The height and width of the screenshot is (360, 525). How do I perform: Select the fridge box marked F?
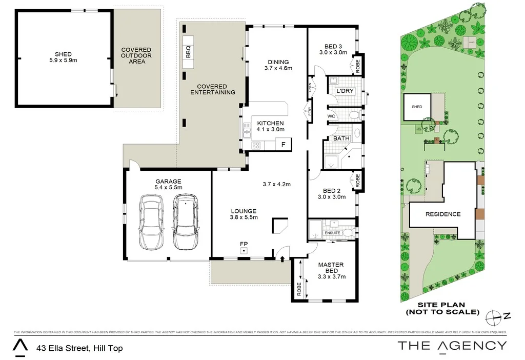283,145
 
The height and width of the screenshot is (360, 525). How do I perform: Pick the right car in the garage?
185,222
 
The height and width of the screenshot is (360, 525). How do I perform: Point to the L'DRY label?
345,91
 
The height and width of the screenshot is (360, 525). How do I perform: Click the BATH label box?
341,138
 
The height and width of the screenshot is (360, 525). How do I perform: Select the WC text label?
331,116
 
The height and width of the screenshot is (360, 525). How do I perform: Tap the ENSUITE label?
332,233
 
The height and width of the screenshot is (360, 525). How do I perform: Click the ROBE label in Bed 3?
358,65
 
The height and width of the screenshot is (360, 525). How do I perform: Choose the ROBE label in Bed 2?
358,181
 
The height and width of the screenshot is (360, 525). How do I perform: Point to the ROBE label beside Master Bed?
298,290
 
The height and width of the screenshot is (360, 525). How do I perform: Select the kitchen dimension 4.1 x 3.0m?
270,130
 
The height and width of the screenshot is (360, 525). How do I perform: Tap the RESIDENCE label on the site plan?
443,214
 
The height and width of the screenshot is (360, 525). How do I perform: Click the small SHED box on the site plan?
417,107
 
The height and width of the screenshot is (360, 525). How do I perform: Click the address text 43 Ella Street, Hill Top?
79,348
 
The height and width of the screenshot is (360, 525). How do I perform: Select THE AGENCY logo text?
452,346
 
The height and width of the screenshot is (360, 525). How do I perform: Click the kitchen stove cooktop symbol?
256,145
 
